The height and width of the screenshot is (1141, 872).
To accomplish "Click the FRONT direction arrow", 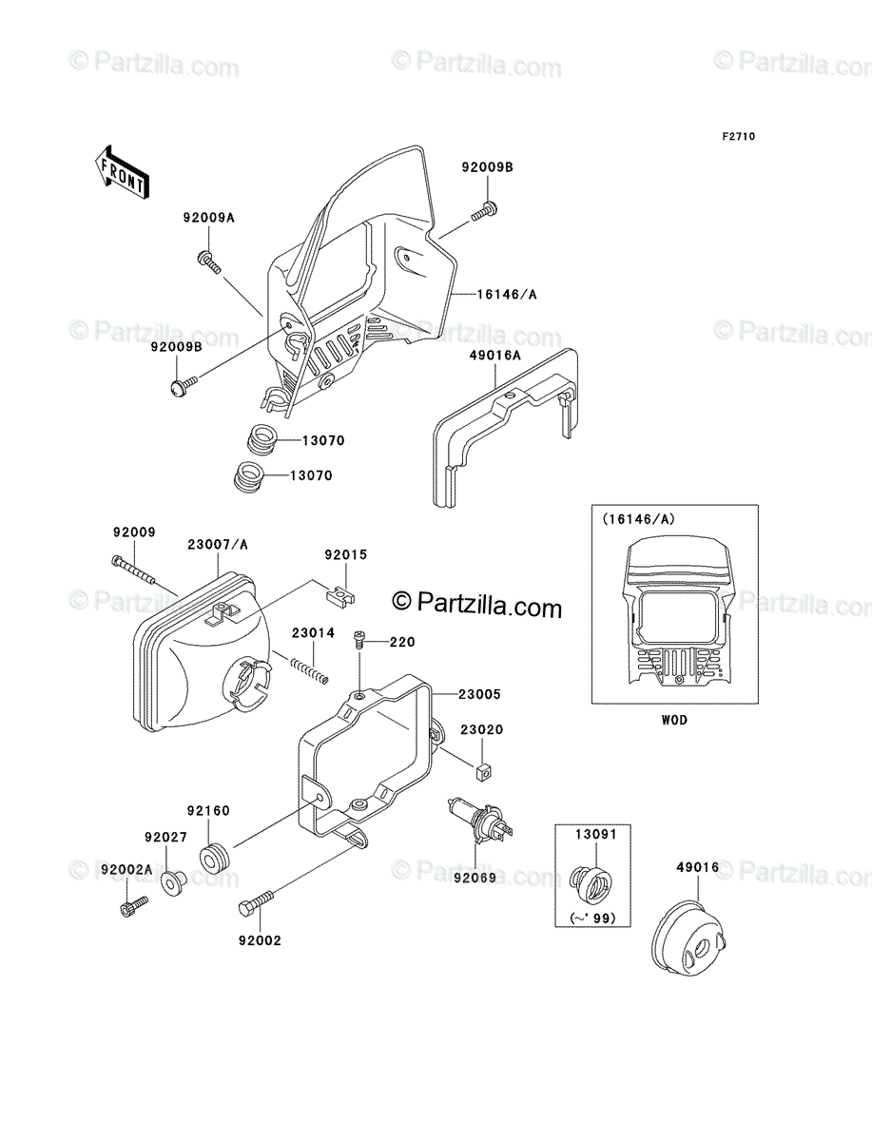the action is click(122, 172).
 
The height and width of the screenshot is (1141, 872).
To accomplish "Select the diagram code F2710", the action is click(739, 137).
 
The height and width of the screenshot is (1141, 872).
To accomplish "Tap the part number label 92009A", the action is click(208, 218).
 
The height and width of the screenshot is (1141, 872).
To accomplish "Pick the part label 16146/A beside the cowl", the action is click(507, 295).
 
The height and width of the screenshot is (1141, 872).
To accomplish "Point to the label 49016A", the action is click(494, 356).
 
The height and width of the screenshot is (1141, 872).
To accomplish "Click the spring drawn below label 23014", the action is click(309, 669).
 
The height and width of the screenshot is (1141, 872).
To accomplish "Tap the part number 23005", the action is click(479, 694).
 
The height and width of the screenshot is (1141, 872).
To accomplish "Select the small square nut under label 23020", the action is click(484, 773).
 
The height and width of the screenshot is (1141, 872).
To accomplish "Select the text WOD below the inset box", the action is click(674, 720).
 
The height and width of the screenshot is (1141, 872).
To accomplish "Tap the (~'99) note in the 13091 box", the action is click(593, 919).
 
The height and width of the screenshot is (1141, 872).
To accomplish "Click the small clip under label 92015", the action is click(339, 596).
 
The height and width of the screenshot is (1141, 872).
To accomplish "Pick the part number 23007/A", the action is click(218, 545).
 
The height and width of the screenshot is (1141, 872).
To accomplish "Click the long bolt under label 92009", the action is click(133, 570).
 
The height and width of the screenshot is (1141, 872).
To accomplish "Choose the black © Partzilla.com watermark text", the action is click(477, 605).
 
